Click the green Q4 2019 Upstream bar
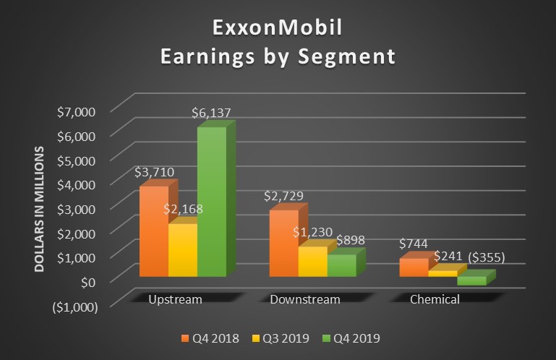pos(211,202)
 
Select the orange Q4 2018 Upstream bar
pos(153,231)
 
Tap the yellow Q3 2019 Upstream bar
pos(182,250)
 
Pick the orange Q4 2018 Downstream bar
pos(283,243)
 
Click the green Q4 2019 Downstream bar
pos(341,265)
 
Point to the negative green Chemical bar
pos(471,280)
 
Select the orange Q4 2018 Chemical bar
pos(414,267)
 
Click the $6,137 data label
pos(211,113)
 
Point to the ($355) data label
pos(487,257)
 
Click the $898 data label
pos(348,240)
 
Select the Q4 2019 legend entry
pos(351,338)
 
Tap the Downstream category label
pos(304,299)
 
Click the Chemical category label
pos(435,299)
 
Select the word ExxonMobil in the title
pos(277,29)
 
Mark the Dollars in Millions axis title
pos(41,209)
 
